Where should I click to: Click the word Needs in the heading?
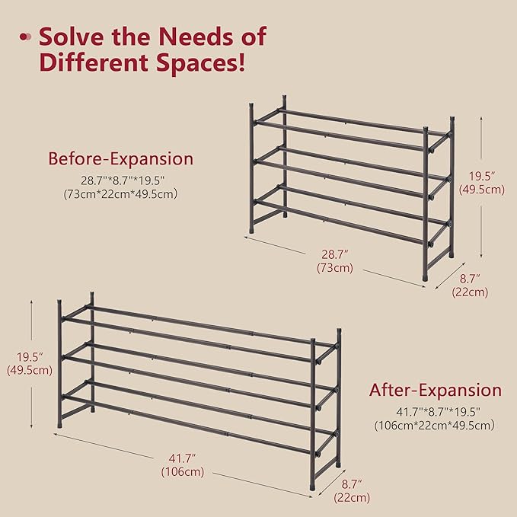click(180, 36)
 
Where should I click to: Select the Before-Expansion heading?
click(120, 159)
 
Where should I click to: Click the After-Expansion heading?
click(436, 391)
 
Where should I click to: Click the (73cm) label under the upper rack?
click(334, 268)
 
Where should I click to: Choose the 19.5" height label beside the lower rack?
click(29, 356)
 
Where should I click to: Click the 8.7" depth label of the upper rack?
click(469, 279)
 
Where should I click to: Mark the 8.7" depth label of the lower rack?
click(351, 483)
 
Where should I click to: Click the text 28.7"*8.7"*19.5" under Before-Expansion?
click(120, 180)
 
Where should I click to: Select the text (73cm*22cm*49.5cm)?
click(120, 194)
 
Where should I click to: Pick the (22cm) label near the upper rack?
click(469, 292)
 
